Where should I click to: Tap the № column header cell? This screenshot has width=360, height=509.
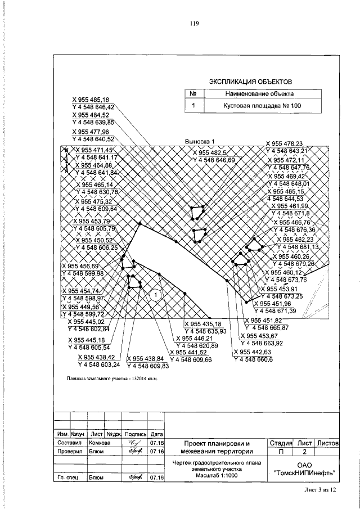point(193,94)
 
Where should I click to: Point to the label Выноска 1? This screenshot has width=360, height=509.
point(200,142)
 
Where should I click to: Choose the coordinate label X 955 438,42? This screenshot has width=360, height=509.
point(96,357)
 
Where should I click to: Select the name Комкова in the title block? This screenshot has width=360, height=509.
point(100,443)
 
